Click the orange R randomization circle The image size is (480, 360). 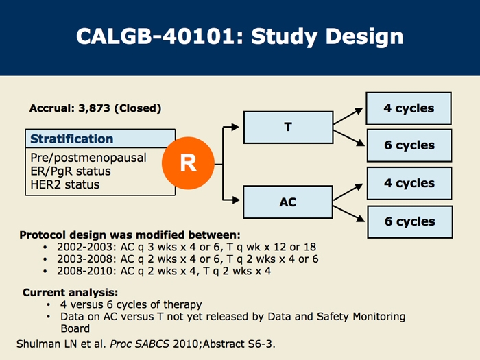pos(187,164)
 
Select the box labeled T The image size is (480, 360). pos(287,127)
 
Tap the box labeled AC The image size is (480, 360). pos(287,202)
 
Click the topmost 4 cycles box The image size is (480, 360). pos(409,108)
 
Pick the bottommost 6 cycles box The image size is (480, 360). pos(409,221)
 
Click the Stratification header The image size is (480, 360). pos(72,139)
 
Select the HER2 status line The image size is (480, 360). pos(64,184)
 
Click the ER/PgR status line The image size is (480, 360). pos(70,171)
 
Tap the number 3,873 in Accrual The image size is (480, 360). pos(95,108)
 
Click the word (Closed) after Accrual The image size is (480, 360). pos(138,108)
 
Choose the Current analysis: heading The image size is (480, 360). pos(70,292)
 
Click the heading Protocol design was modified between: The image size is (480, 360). pos(130,235)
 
